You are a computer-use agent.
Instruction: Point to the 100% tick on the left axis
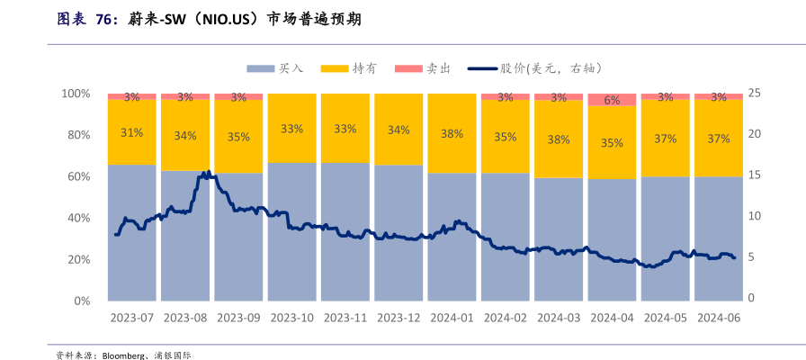(76, 94)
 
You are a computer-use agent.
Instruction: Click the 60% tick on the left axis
(78, 176)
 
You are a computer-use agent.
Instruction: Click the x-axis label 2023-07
(131, 318)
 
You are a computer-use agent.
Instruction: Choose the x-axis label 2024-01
(452, 318)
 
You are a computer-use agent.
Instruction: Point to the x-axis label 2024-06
(718, 318)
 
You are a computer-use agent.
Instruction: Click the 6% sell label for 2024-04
(612, 101)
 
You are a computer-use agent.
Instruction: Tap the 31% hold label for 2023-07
(131, 133)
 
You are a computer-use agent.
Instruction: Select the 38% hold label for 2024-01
(452, 134)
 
